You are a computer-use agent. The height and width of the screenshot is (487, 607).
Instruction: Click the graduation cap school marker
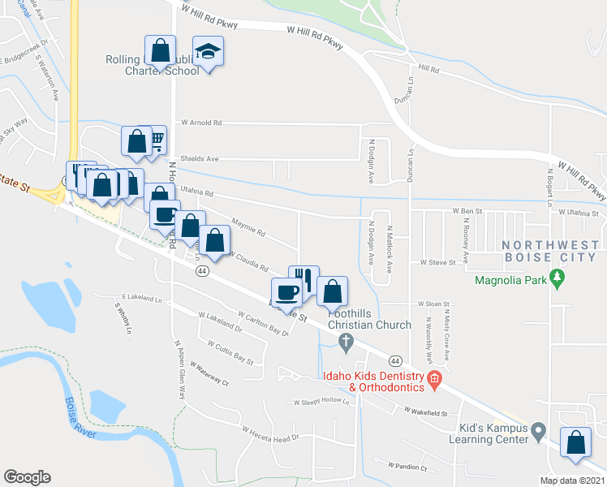point(209,52)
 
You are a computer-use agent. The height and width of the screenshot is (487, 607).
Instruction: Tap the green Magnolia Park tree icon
point(557,280)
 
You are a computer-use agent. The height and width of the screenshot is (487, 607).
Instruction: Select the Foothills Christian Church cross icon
point(347,343)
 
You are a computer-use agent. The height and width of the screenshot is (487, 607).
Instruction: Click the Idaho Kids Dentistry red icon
point(434,378)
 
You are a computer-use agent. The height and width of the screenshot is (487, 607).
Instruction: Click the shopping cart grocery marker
point(155,140)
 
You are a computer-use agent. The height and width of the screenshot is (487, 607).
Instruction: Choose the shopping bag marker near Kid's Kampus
point(575,443)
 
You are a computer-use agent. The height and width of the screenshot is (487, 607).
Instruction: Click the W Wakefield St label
point(426,413)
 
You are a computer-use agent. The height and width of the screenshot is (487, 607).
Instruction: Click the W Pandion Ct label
point(407,467)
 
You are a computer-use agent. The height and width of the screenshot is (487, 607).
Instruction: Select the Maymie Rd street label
point(248,233)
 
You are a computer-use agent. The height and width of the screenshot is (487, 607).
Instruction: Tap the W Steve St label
point(438,263)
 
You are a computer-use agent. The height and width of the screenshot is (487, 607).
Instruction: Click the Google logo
point(28,476)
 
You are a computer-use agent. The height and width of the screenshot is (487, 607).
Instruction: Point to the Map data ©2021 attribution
point(570,481)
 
